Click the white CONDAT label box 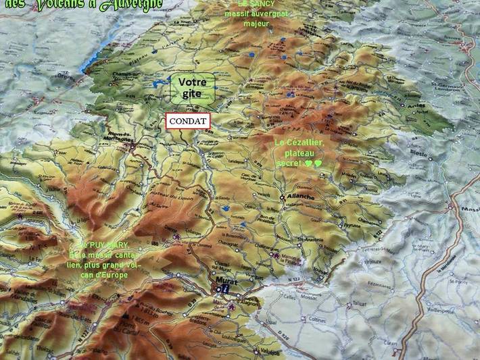pos(188,121)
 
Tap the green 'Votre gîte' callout pos(193,88)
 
